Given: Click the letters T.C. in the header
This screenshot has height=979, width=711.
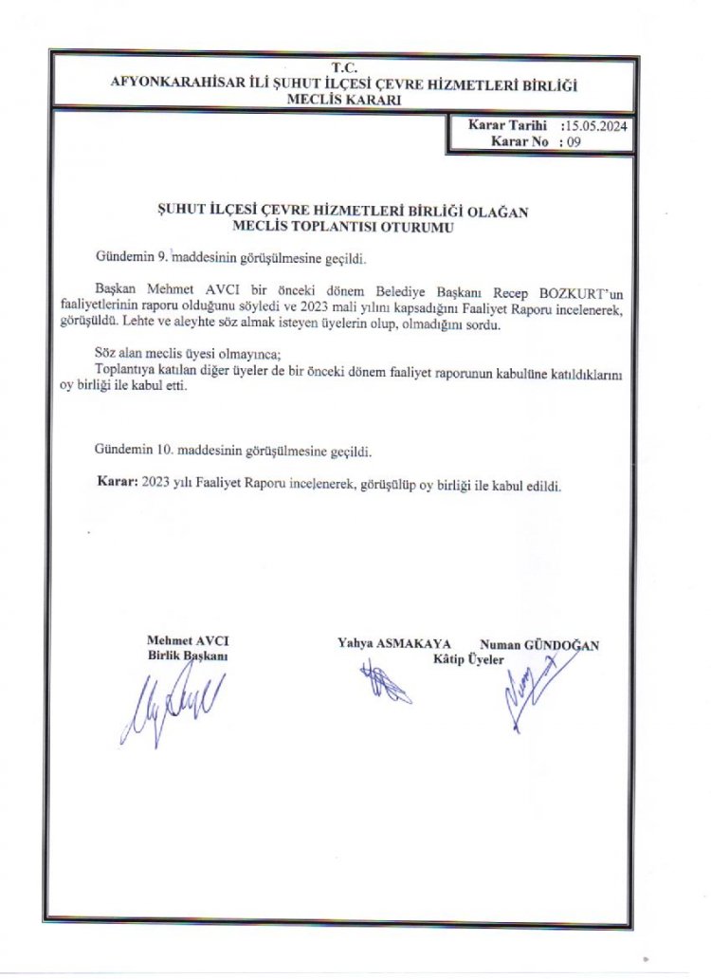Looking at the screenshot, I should tap(343, 68).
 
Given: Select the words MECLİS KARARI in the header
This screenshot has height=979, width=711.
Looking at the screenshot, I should tap(343, 99).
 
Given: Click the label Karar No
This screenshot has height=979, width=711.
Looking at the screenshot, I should tap(520, 141).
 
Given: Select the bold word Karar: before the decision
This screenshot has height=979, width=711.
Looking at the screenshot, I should tap(118, 482).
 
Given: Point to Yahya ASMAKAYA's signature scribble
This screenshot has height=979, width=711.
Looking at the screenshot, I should tap(384, 683).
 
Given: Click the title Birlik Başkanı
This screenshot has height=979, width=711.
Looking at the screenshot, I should tap(187, 656).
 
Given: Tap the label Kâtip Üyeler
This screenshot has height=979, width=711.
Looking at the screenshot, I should tap(468, 658).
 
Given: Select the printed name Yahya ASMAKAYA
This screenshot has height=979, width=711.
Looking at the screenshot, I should tap(393, 642).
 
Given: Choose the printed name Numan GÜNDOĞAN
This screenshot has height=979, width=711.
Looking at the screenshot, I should tap(539, 644).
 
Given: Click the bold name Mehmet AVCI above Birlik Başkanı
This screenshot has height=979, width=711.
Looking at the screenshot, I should tap(188, 640).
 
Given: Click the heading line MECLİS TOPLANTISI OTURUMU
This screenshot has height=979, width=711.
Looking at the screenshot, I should tap(343, 228).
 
